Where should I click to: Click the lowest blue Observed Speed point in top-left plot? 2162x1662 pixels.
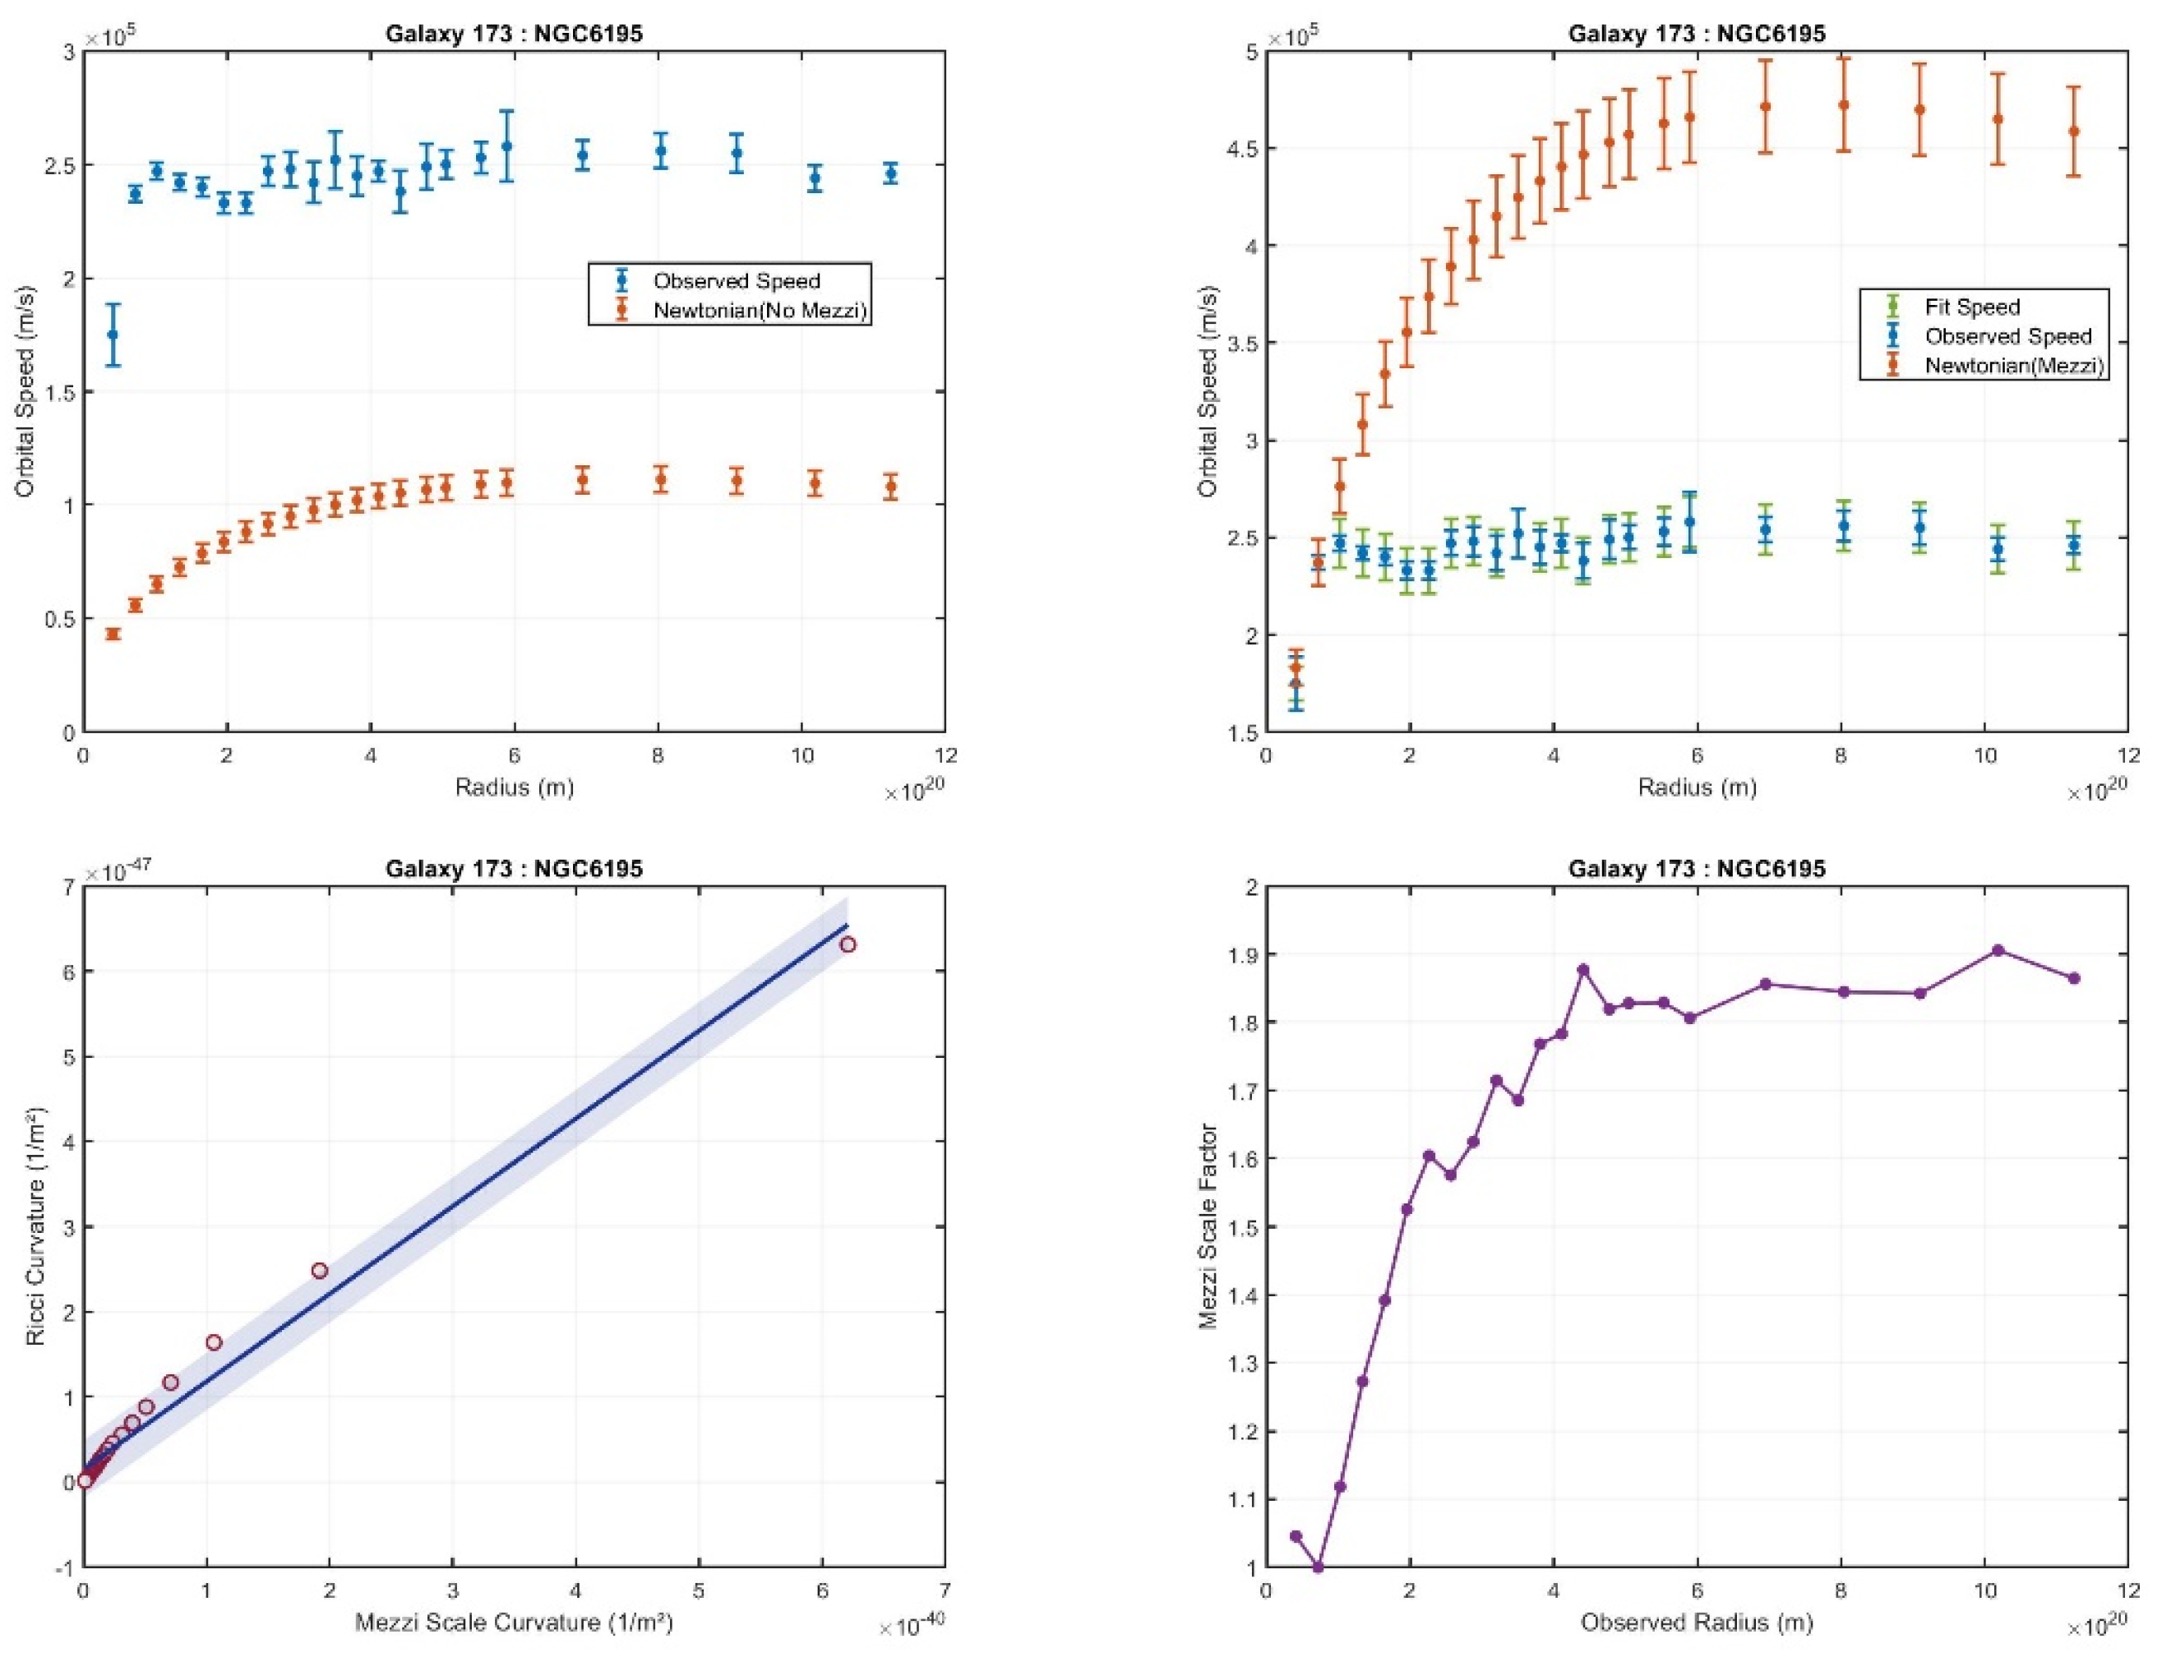click(113, 335)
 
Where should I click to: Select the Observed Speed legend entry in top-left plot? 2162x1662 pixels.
click(737, 281)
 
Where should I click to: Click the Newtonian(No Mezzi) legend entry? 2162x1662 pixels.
click(759, 311)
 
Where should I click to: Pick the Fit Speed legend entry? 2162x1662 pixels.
click(1971, 307)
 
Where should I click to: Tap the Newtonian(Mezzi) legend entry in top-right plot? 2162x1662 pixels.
click(2012, 365)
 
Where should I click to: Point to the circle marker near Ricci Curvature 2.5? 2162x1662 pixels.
click(320, 1270)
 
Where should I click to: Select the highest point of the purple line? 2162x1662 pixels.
click(1997, 951)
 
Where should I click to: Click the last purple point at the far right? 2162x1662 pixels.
click(2074, 978)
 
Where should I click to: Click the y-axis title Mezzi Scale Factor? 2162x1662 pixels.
click(1207, 1226)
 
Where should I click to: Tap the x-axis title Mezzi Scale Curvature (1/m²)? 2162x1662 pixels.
click(514, 1623)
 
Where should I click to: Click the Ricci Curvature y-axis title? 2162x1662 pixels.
click(35, 1226)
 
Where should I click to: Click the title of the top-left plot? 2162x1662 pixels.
click(514, 34)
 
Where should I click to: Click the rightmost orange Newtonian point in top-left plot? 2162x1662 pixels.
click(890, 487)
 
